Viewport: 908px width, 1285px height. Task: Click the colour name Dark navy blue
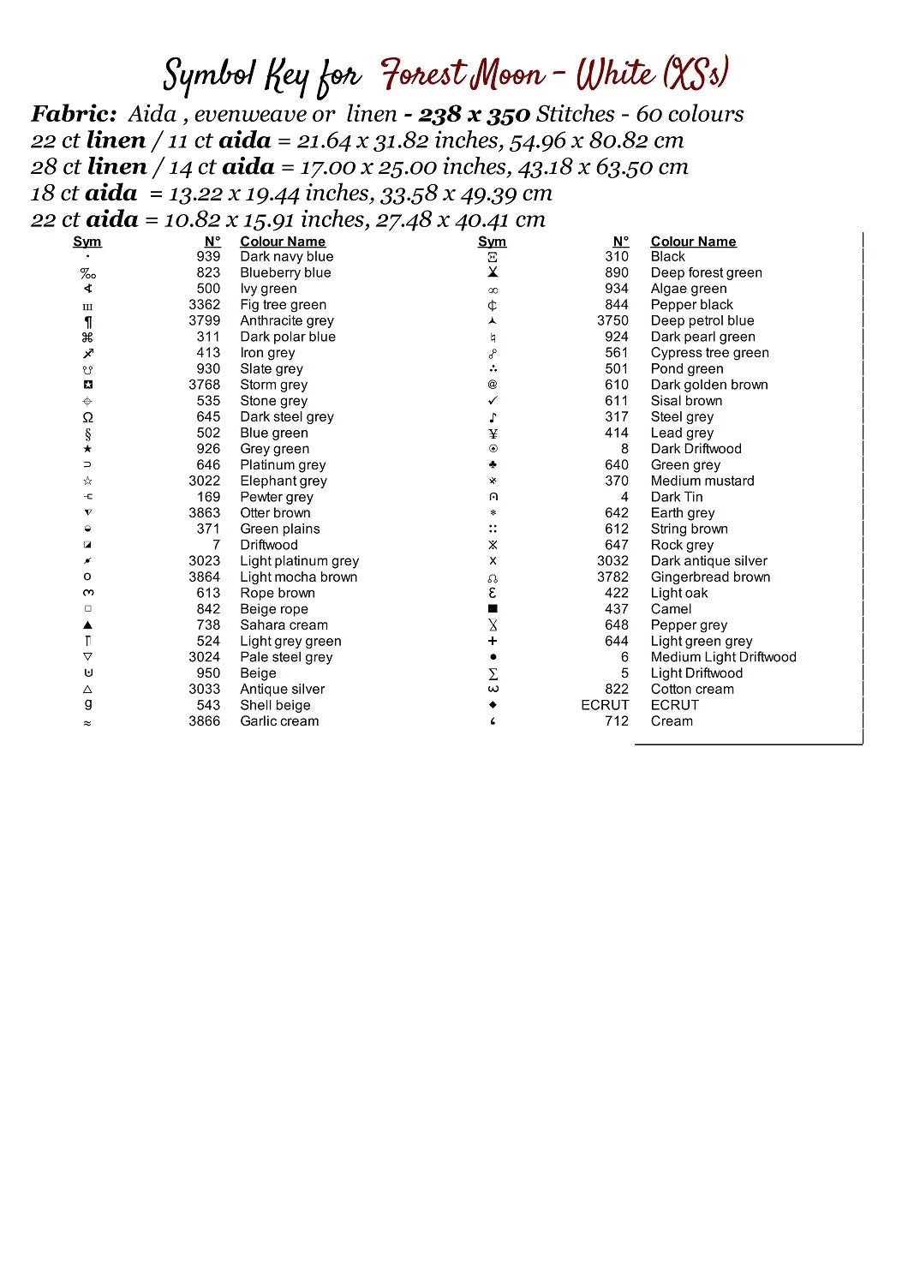pyautogui.click(x=286, y=256)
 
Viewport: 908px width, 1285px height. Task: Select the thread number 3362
pyautogui.click(x=205, y=304)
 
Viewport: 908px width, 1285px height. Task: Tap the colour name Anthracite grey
pyautogui.click(x=286, y=320)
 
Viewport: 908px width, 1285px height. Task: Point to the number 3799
pyautogui.click(x=205, y=320)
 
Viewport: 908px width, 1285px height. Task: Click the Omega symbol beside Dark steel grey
pyautogui.click(x=87, y=417)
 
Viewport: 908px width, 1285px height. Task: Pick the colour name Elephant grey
pyautogui.click(x=283, y=481)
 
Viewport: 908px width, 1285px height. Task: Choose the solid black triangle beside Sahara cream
pyautogui.click(x=87, y=625)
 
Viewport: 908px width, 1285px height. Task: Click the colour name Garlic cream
pyautogui.click(x=279, y=721)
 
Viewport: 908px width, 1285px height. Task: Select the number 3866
pyautogui.click(x=205, y=721)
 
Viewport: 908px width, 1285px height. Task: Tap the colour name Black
pyautogui.click(x=667, y=256)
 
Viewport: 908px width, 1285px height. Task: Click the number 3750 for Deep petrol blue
pyautogui.click(x=612, y=320)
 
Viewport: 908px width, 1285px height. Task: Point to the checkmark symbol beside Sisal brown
pyautogui.click(x=493, y=401)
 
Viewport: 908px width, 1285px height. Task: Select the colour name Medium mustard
pyautogui.click(x=702, y=481)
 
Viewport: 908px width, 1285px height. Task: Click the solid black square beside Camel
pyautogui.click(x=493, y=609)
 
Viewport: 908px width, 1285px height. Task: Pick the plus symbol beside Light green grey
pyautogui.click(x=493, y=641)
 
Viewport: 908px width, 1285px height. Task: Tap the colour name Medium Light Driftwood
pyautogui.click(x=723, y=657)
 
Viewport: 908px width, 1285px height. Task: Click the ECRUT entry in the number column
pyautogui.click(x=605, y=705)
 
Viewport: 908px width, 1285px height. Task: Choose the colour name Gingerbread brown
pyautogui.click(x=710, y=577)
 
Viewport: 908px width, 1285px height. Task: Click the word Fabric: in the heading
pyautogui.click(x=74, y=114)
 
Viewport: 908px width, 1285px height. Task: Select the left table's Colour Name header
pyautogui.click(x=283, y=242)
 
